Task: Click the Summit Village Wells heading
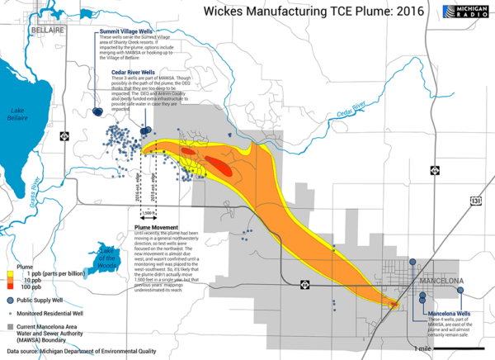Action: coord(127,32)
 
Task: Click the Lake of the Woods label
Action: coord(106,256)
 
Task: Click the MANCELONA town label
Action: coord(443,281)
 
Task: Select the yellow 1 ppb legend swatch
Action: coord(12,272)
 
